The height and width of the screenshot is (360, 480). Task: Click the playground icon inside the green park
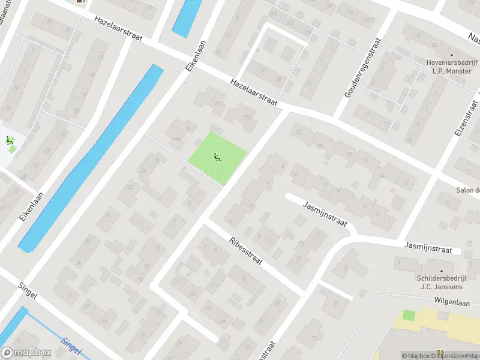pyautogui.click(x=217, y=158)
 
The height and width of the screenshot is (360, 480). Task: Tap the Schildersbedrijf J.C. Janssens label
pyautogui.click(x=443, y=281)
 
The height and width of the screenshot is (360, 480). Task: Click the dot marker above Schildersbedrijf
pyautogui.click(x=442, y=271)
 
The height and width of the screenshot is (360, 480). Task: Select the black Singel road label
pyautogui.click(x=28, y=291)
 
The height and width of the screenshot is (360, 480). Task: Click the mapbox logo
pyautogui.click(x=26, y=352)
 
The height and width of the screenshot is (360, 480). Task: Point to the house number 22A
pyautogui.click(x=246, y=117)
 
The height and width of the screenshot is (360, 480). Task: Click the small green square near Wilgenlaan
pyautogui.click(x=409, y=315)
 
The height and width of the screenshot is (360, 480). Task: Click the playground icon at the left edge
pyautogui.click(x=9, y=142)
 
